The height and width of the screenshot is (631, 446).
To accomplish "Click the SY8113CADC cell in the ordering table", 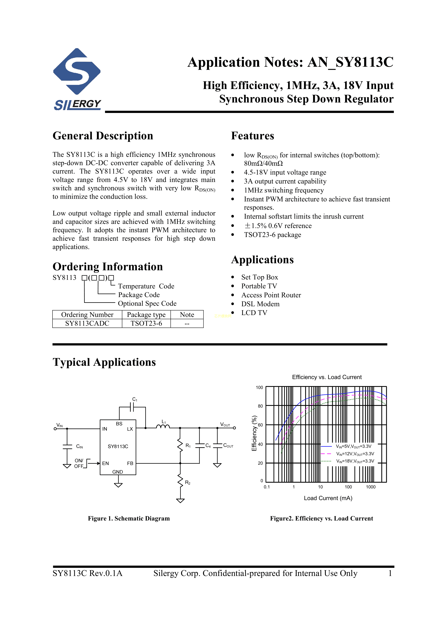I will point(87,324).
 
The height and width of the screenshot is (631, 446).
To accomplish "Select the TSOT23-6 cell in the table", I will point(146,324).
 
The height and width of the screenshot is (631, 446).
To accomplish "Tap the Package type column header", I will point(146,315).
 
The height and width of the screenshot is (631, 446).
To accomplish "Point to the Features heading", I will point(252,136).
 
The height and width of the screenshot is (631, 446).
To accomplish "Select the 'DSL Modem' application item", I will point(260,304).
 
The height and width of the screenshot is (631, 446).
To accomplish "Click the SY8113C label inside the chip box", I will point(118,446).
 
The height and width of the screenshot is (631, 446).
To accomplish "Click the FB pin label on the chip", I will point(130,463).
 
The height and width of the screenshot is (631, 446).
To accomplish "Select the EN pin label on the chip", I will point(106,463).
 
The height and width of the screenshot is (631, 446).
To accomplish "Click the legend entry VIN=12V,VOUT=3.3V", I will point(355,454).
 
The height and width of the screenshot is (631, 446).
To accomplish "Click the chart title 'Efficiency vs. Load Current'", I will point(327,377).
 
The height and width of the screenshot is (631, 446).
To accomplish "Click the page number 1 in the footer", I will point(390,573).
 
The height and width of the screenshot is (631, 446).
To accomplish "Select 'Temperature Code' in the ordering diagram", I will point(146,286).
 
